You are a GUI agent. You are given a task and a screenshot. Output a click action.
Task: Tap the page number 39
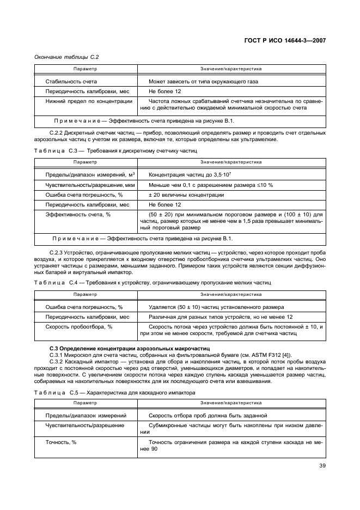point(322,465)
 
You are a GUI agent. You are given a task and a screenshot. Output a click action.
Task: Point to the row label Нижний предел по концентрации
point(89,101)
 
